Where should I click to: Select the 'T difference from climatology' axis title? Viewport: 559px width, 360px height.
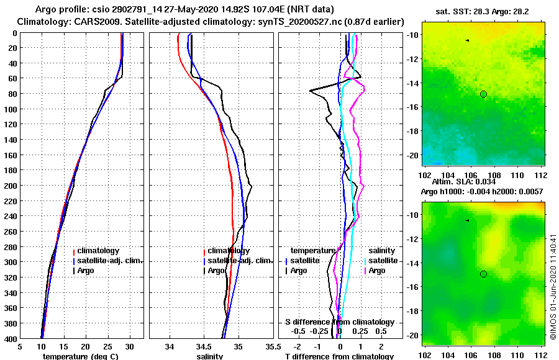point(339,356)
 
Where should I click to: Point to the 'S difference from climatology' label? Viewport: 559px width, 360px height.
point(339,322)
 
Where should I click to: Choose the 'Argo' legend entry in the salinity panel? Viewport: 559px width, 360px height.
point(217,271)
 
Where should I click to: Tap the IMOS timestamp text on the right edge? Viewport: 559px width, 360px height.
point(553,286)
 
